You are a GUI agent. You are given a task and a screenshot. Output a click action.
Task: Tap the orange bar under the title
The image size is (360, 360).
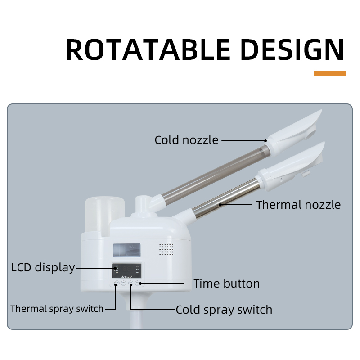coord(329,73)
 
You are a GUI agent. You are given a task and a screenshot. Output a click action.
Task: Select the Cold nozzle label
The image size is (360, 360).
coord(186,140)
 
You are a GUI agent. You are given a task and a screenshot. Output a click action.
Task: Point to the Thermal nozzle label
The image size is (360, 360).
coord(298,205)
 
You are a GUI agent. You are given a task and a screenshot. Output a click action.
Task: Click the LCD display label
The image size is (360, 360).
coord(43,267)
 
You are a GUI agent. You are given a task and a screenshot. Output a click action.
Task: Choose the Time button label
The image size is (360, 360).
coord(226,283)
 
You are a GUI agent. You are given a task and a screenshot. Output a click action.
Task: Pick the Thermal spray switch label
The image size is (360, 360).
coord(57,309)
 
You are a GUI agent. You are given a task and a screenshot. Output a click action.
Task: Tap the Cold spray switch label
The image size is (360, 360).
coord(224,310)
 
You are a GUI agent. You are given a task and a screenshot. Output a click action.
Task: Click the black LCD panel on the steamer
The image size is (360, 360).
coord(127,271)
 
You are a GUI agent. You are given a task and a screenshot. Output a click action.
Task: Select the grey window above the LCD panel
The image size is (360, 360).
coord(126,250)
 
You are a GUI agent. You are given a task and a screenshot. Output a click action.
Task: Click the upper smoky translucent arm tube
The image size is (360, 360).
coord(211,171)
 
